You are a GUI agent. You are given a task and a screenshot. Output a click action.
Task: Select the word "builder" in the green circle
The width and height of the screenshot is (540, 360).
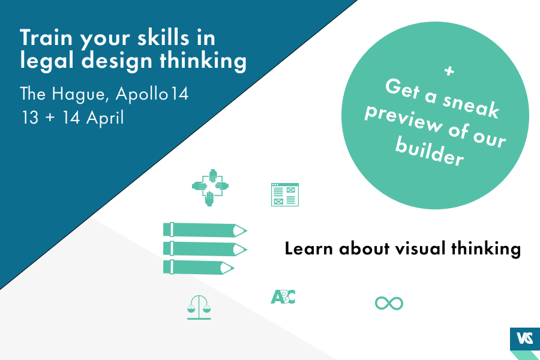(x=430, y=152)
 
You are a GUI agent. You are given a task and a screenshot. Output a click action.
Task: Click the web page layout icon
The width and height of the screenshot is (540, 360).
(x=285, y=194)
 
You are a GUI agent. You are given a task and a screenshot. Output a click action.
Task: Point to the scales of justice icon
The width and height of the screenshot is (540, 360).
(x=200, y=308)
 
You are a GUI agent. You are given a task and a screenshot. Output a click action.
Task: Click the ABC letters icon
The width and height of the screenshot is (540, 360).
(x=283, y=296)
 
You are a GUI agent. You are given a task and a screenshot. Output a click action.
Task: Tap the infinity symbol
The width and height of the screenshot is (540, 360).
(x=389, y=303)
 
